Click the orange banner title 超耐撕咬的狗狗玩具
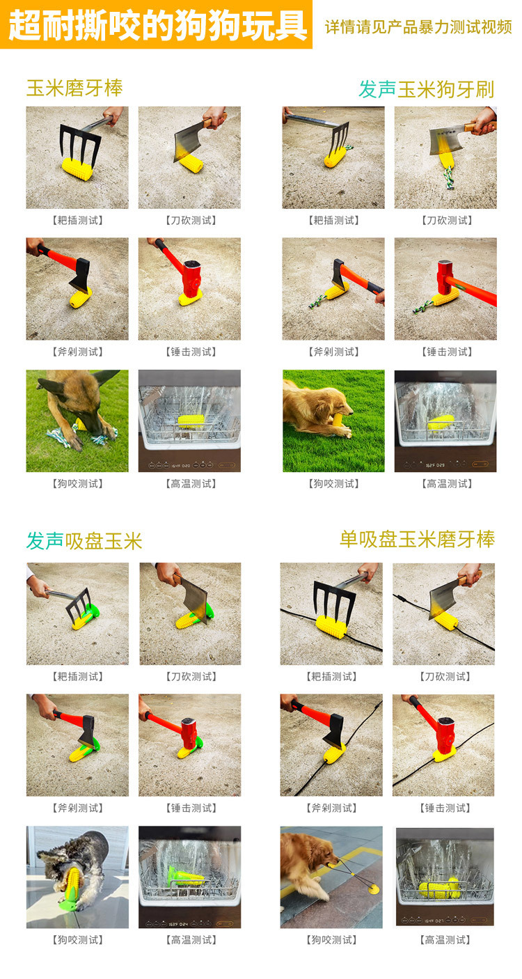(157, 25)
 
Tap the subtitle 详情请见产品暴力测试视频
(418, 27)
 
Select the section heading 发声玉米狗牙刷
(427, 90)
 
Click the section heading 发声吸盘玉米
(84, 541)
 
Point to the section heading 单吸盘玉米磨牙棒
(417, 540)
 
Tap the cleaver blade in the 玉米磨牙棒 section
(190, 140)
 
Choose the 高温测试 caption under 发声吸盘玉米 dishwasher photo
(191, 940)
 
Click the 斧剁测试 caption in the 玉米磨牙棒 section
(77, 352)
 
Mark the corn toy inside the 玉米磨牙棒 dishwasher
(190, 421)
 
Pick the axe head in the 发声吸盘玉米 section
(86, 729)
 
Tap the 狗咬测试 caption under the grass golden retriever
(333, 484)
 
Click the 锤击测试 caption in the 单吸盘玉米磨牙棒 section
(445, 808)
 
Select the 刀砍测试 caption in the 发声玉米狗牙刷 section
(447, 221)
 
